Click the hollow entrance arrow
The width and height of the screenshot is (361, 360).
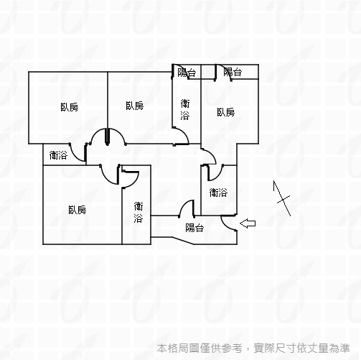pos(248,223)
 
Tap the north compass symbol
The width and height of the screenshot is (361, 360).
pos(282,198)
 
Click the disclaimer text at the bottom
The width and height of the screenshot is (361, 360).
pos(253,348)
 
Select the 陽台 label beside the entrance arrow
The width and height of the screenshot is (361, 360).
pos(194,228)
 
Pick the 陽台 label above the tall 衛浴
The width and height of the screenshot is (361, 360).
pos(187,73)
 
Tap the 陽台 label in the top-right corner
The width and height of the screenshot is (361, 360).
pos(233,72)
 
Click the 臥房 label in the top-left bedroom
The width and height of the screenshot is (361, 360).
pos(70,107)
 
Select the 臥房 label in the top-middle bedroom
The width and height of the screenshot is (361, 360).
pos(135,106)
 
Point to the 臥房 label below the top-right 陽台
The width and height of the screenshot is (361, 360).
pos(226,112)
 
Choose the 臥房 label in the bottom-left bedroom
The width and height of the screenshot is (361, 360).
pos(77,210)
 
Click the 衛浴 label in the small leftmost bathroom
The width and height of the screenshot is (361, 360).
pos(58,155)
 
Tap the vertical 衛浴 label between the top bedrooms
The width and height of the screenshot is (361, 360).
pos(185,110)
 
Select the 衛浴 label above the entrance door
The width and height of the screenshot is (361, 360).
pos(218,193)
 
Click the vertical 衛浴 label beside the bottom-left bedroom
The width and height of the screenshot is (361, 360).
pos(139,212)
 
